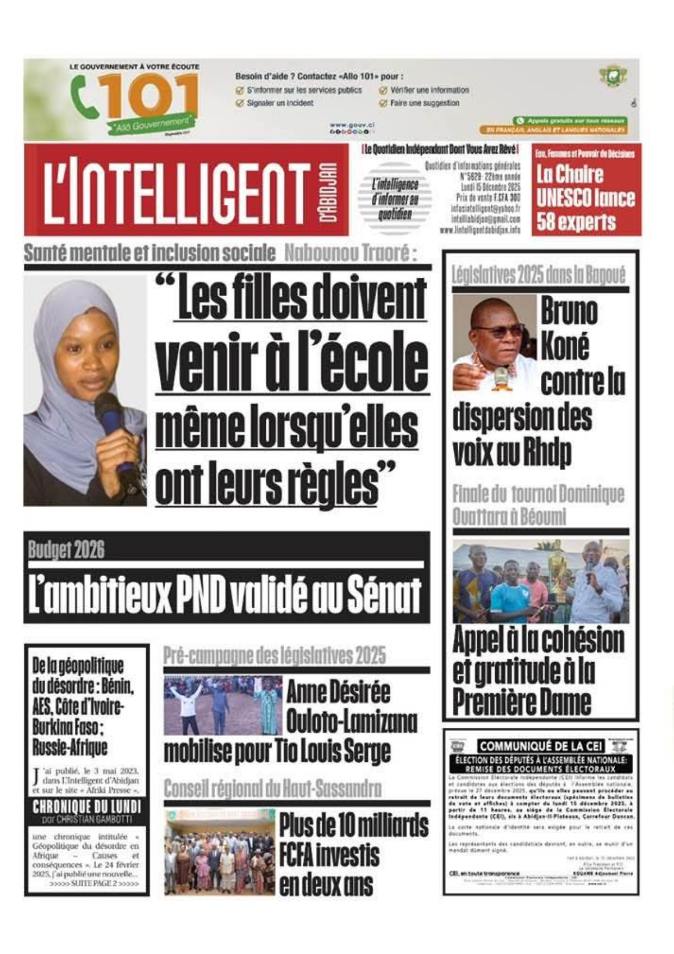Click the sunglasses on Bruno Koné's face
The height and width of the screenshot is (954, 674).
pos(498,330)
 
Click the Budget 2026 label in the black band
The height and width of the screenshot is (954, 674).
pos(66,550)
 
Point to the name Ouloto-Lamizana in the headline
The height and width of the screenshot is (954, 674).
pos(352,721)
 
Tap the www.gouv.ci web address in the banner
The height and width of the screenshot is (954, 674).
pos(352,125)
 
